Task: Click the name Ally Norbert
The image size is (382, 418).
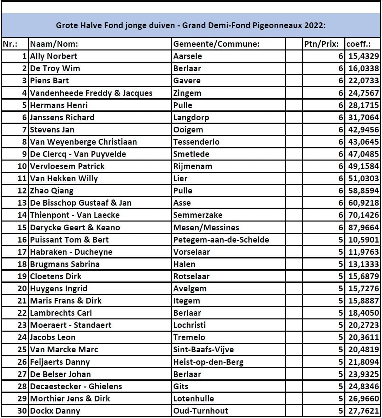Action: [54, 56]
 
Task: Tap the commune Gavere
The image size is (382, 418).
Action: [187, 81]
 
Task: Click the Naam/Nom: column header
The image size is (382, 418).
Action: [54, 44]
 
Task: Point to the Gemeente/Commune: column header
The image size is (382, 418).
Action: [216, 44]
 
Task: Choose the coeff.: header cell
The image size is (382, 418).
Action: [358, 44]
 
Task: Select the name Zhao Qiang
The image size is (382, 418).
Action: [52, 191]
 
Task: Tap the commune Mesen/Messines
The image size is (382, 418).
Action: [206, 227]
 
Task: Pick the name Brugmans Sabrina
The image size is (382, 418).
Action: [65, 264]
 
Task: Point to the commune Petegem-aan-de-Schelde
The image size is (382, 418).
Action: [221, 240]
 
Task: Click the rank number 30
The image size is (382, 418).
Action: [22, 411]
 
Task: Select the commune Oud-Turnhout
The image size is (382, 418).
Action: [201, 411]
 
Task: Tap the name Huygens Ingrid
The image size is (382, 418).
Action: [59, 289]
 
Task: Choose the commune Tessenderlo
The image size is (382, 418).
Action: [196, 142]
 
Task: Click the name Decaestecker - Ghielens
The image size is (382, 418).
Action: [76, 386]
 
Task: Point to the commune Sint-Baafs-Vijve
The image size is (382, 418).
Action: [203, 350]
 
